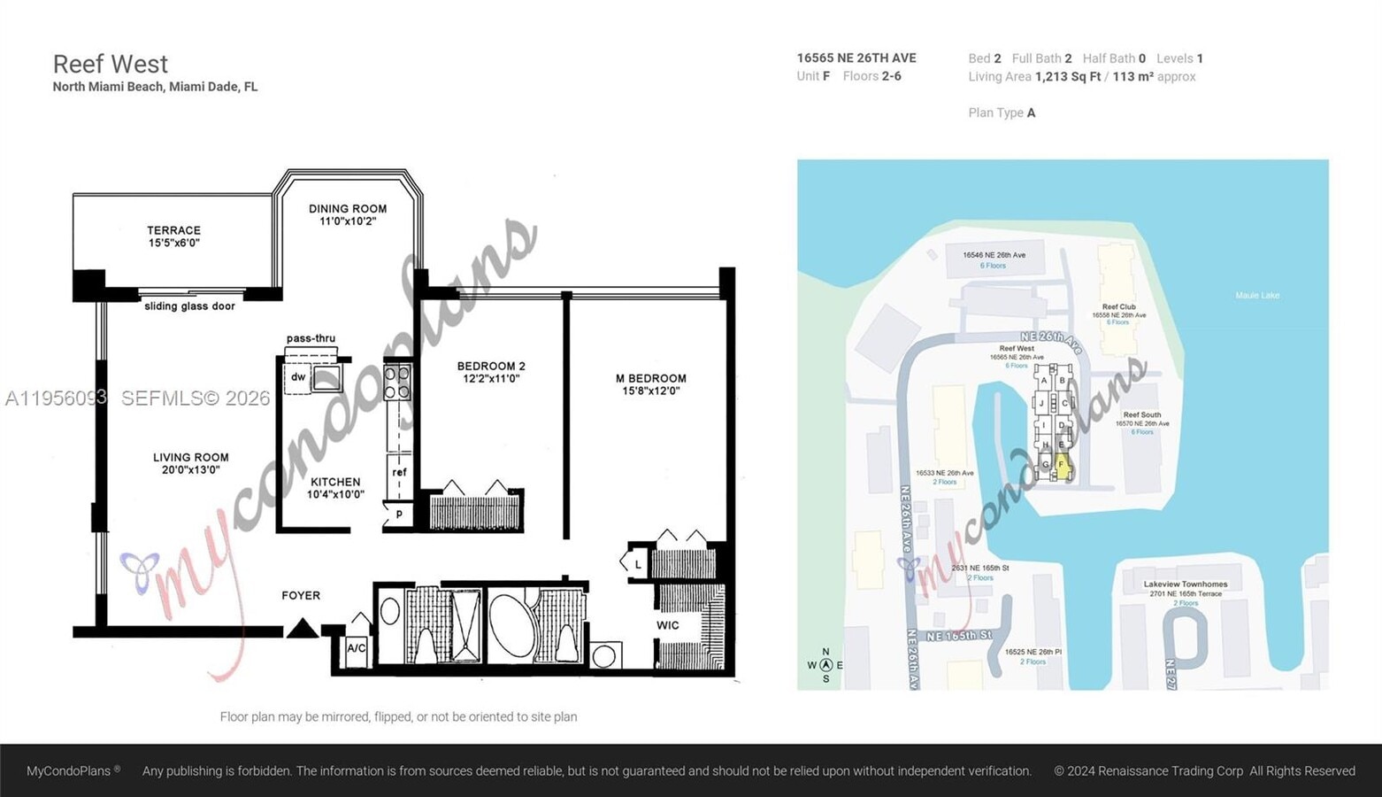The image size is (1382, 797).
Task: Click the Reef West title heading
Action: (110, 65)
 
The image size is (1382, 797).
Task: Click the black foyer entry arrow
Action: (302, 628)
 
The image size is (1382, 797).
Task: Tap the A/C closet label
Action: (357, 648)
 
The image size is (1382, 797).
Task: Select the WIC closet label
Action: (668, 625)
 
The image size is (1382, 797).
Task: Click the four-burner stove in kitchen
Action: (397, 383)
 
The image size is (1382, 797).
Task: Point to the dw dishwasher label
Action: (298, 377)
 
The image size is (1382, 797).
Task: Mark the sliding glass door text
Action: (189, 306)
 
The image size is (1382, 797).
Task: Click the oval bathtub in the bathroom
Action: (511, 625)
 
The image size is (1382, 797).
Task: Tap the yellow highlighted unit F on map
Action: (1062, 465)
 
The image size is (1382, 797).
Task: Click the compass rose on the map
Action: (825, 665)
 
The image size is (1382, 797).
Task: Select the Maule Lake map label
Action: (1256, 296)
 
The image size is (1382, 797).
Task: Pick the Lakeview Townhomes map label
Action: (1185, 584)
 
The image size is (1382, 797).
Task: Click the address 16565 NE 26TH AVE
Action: (856, 58)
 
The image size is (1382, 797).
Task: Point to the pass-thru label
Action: (311, 338)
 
